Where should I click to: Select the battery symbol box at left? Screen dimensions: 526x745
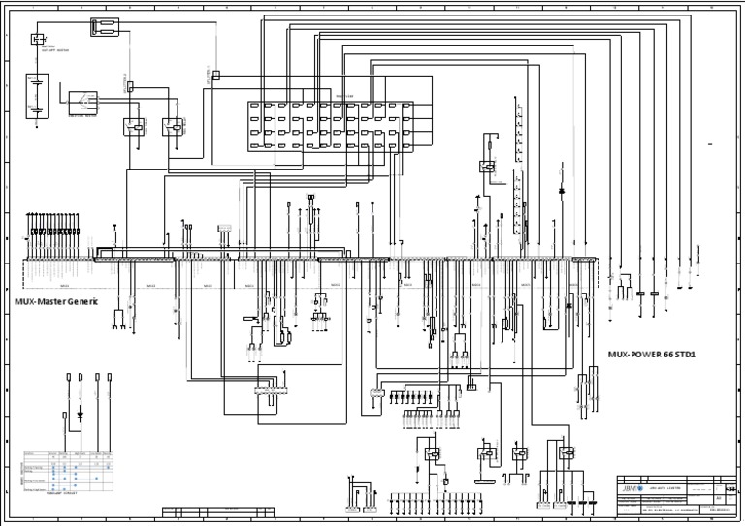(36, 97)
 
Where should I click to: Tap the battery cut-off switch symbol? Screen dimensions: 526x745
(38, 39)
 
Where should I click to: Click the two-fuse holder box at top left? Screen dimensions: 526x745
(105, 27)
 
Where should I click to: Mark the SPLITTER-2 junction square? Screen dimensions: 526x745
(215, 75)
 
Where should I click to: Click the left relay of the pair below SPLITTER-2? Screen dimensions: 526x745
(134, 126)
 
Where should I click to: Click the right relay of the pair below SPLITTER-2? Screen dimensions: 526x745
(173, 126)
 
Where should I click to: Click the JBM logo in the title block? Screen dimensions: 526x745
(633, 487)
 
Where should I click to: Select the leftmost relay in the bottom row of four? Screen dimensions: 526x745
(430, 452)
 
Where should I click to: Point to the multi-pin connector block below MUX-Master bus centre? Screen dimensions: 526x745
(267, 389)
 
